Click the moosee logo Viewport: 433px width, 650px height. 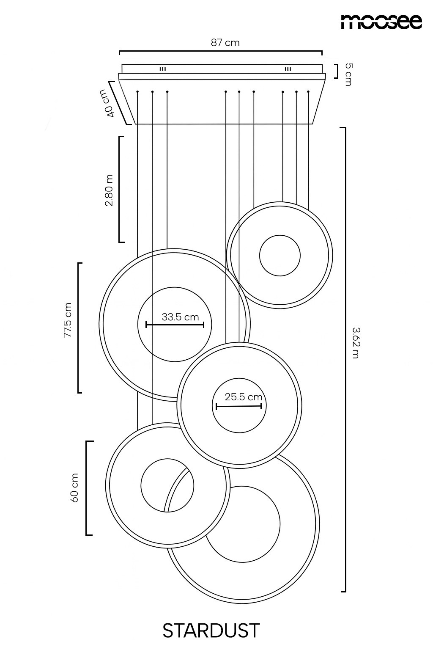[381, 22]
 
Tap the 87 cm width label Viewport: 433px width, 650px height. [225, 43]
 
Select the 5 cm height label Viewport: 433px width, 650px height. [348, 74]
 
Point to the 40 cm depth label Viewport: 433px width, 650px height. [107, 103]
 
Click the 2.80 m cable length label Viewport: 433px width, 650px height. [109, 190]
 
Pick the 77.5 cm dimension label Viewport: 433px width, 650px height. [68, 320]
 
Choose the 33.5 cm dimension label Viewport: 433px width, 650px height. [180, 317]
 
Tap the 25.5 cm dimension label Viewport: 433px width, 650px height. [243, 397]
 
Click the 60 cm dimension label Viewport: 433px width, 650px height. [74, 488]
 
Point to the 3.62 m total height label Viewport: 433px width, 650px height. [356, 343]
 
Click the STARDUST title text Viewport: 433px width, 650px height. [211, 630]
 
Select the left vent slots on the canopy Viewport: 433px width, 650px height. [163, 69]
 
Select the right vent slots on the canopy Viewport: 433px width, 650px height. [288, 69]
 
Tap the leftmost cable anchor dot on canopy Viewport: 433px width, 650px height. [137, 92]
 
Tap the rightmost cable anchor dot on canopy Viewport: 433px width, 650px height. [308, 92]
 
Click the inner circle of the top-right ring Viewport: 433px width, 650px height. [280, 235]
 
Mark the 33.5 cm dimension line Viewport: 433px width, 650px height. [175, 325]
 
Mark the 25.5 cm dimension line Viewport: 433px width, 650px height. [238, 406]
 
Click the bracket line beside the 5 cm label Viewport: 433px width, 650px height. [337, 72]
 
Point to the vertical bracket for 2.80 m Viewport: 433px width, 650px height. [120, 189]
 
